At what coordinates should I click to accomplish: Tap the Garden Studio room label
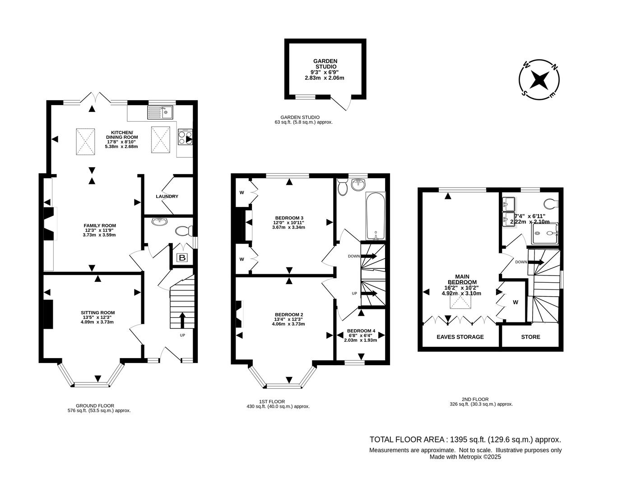325,64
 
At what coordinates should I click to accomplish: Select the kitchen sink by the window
159,112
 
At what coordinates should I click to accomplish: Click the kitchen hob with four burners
186,137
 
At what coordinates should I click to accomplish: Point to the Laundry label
167,197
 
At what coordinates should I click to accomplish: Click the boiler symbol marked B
182,258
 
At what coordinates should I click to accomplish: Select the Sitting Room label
97,312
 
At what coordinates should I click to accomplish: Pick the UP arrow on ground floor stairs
182,320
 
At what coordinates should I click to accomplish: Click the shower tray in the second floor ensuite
544,233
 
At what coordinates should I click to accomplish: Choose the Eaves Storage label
460,337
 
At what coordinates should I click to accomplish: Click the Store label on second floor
530,337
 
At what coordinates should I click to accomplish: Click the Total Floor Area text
465,439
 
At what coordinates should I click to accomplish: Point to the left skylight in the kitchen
85,140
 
